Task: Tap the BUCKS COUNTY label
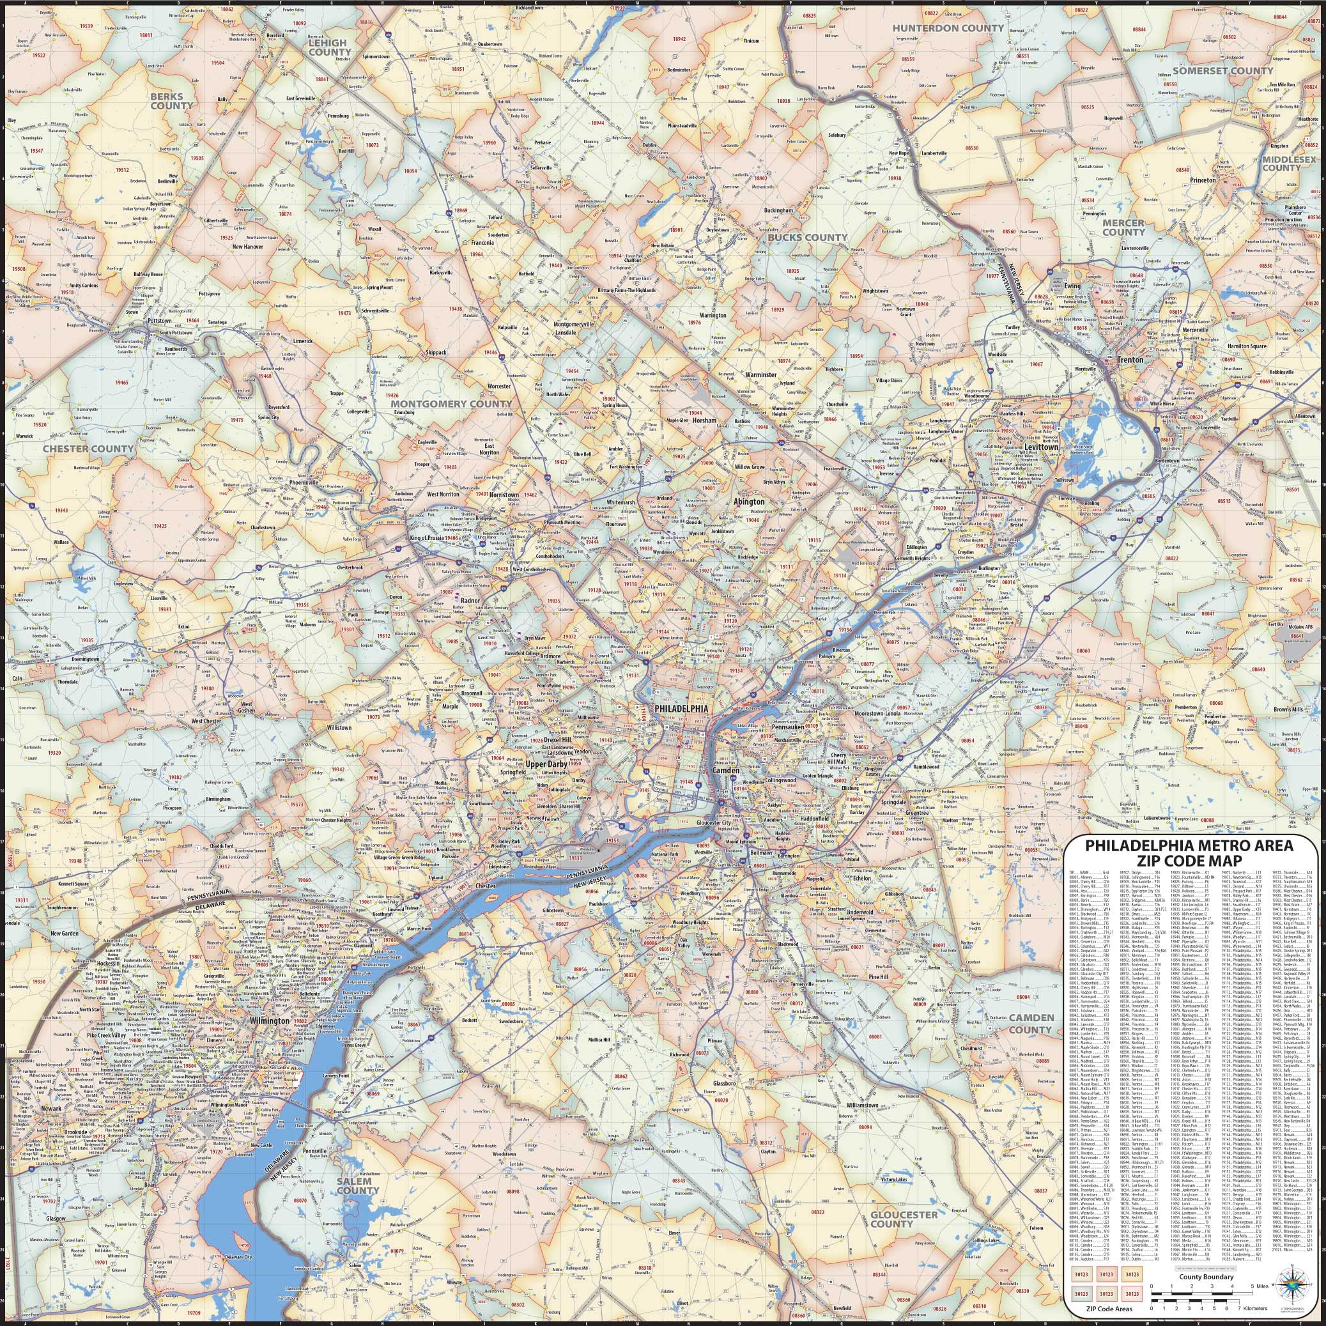click(807, 237)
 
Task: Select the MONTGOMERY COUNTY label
click(451, 405)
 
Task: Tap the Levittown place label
click(1042, 447)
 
